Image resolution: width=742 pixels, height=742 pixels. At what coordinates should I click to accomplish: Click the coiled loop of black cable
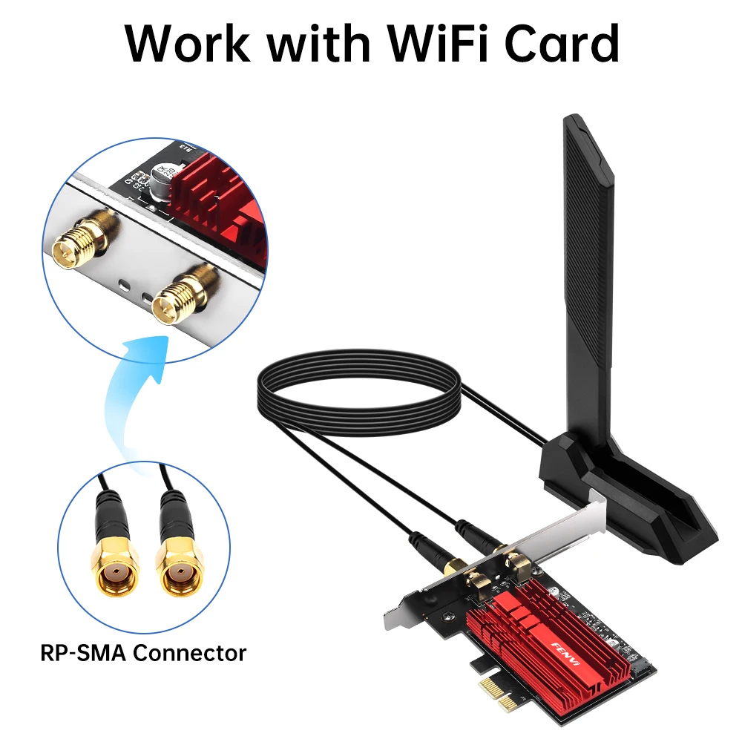tap(356, 393)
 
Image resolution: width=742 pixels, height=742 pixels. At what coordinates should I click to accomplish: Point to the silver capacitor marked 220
tap(162, 179)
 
